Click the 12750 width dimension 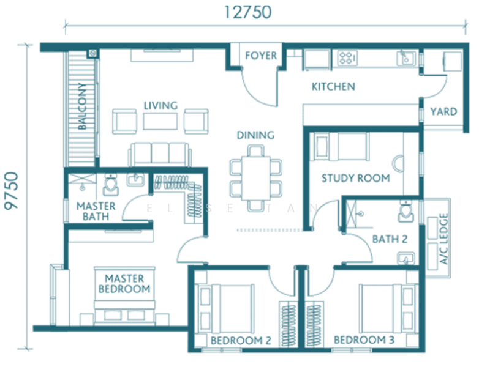point(247,12)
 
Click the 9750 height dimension point(11,191)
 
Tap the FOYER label point(261,56)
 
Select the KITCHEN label point(333,87)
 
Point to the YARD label point(443,112)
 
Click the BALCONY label point(82,106)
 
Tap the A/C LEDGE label point(443,239)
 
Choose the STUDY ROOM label point(356,178)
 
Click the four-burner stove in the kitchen point(347,57)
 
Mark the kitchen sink point(406,57)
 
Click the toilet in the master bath point(111,185)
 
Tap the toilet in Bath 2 point(406,211)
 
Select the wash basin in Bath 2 point(406,259)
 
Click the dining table point(256,178)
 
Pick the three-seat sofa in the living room point(160,154)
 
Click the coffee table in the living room point(160,121)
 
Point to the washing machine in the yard point(453,61)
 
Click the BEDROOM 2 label point(241,341)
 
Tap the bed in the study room point(340,146)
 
